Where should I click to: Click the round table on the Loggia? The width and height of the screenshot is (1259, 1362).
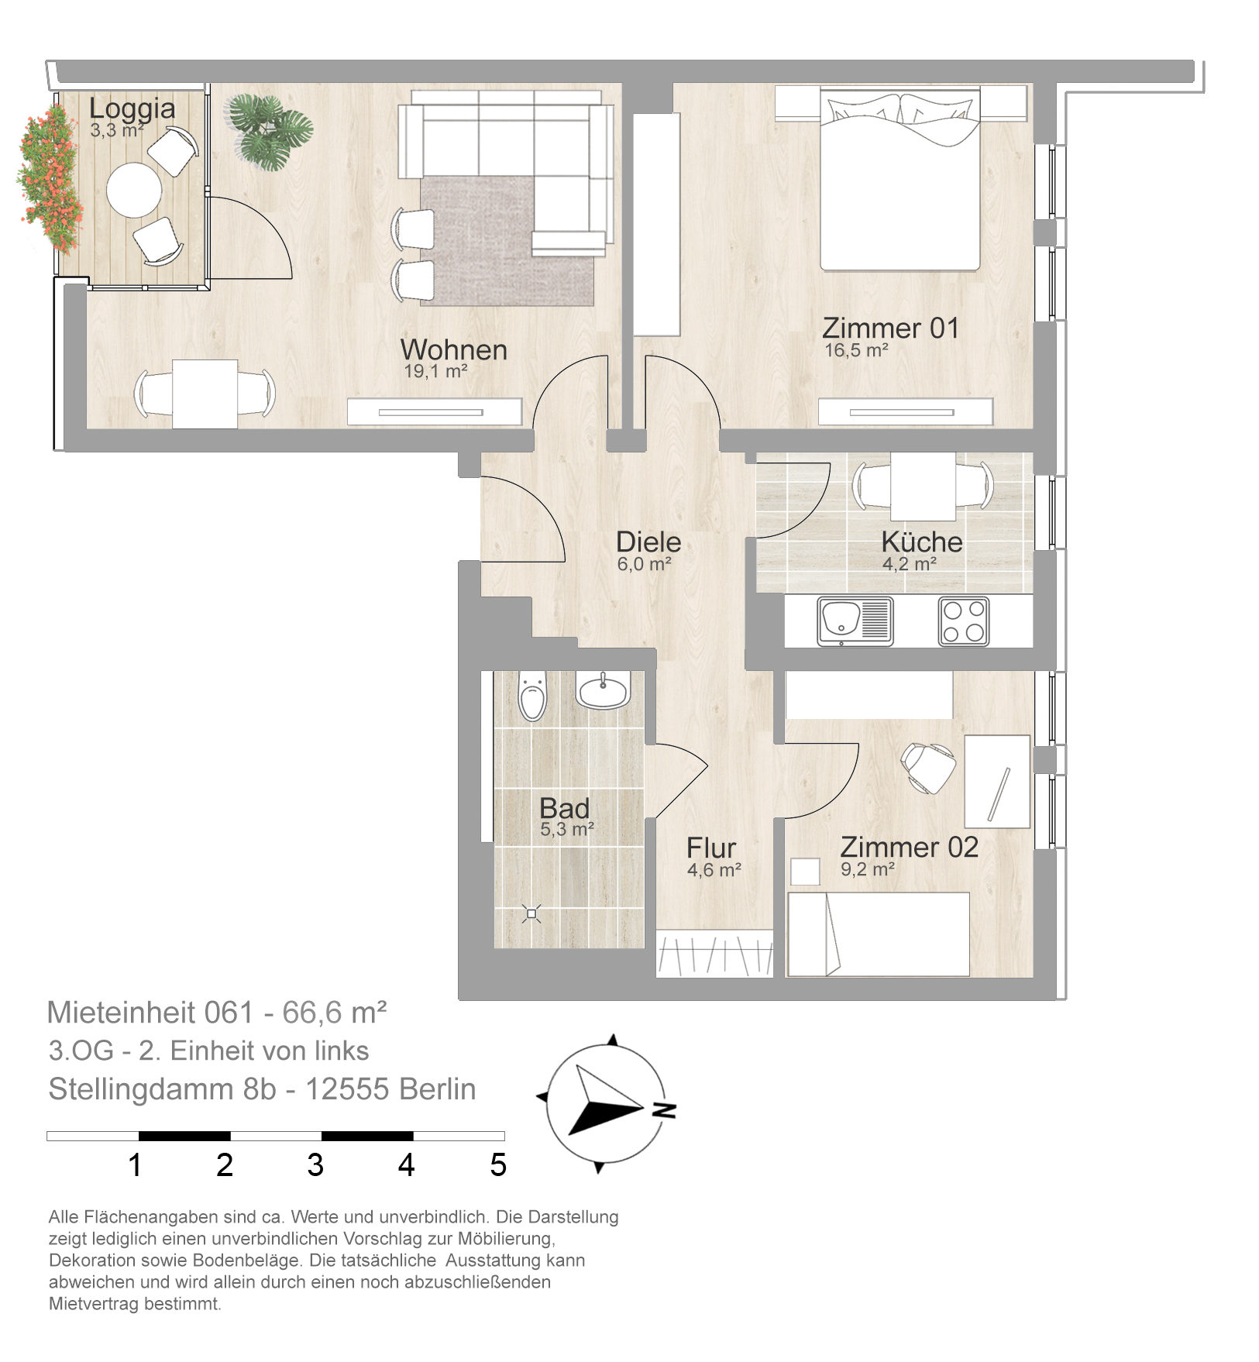134,190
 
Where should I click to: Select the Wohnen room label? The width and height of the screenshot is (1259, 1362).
454,349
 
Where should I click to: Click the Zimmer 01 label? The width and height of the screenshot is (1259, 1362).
891,328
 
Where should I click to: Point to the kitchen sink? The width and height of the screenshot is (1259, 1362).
855,621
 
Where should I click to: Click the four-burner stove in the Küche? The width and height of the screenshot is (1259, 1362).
964,621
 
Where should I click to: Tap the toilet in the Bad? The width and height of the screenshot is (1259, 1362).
532,695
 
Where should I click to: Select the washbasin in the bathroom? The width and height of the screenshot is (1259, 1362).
604,690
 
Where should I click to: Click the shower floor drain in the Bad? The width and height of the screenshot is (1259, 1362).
531,914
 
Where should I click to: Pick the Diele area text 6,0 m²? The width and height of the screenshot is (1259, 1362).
644,564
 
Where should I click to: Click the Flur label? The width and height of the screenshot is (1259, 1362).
711,848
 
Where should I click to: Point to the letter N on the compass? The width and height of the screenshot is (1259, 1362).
663,1110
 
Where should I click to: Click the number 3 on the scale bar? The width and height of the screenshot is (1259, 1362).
315,1165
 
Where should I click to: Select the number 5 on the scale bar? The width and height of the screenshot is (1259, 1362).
498,1165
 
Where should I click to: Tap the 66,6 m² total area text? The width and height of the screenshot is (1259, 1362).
334,1013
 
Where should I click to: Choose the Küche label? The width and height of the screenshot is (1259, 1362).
922,542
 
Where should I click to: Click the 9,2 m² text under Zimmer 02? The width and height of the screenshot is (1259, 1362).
868,869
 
